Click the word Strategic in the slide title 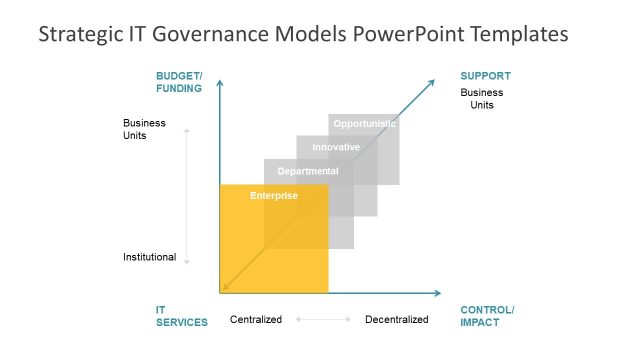click(x=79, y=34)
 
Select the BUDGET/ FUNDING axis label click(x=179, y=82)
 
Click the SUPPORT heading click(x=485, y=76)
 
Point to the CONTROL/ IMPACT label click(x=486, y=316)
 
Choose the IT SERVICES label click(x=181, y=316)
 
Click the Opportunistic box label click(x=365, y=124)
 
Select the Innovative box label click(x=336, y=148)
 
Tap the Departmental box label click(x=308, y=171)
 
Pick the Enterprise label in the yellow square click(x=274, y=195)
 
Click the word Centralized click(x=256, y=320)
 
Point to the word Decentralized click(x=396, y=320)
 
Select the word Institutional click(x=149, y=257)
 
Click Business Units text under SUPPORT click(x=481, y=99)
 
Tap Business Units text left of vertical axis click(x=144, y=130)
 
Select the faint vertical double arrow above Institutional click(x=187, y=195)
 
